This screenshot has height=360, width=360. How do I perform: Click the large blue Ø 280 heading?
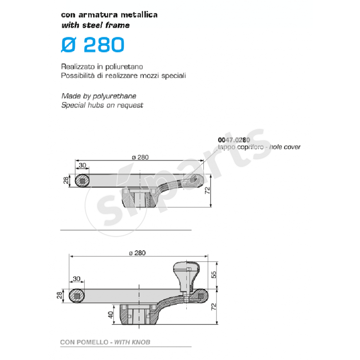[x=92, y=45]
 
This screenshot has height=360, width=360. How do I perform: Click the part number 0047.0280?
[x=234, y=140]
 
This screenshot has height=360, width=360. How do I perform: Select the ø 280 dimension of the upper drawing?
[x=140, y=157]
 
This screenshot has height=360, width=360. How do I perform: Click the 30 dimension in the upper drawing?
[x=82, y=165]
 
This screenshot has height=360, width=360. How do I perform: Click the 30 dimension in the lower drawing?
[x=76, y=279]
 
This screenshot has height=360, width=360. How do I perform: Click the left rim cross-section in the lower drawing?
[x=78, y=296]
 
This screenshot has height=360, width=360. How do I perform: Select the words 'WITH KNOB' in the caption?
[x=132, y=342]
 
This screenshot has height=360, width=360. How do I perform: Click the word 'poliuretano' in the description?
[x=119, y=67]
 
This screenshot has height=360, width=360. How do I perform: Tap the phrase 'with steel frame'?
[x=95, y=25]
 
